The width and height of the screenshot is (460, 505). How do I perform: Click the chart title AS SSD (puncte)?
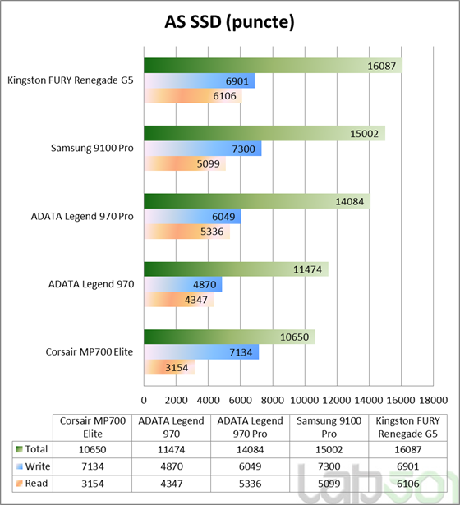pyautogui.click(x=229, y=22)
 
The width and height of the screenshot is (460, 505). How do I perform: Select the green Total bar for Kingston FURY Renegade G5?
pyautogui.click(x=274, y=66)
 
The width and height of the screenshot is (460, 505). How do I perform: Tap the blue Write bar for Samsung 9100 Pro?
pyautogui.click(x=203, y=149)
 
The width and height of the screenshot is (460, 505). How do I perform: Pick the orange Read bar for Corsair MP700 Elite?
pyautogui.click(x=169, y=367)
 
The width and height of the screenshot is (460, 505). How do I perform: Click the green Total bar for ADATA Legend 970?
pyautogui.click(x=236, y=269)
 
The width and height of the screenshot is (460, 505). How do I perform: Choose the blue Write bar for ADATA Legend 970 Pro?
pyautogui.click(x=192, y=217)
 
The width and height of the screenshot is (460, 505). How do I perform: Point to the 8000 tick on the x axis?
pyautogui.click(x=272, y=400)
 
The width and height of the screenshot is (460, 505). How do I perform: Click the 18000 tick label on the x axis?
pyautogui.click(x=433, y=400)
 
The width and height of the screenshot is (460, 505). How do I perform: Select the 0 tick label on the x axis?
pyautogui.click(x=144, y=400)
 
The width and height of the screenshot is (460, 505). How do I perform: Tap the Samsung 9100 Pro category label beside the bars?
pyautogui.click(x=92, y=148)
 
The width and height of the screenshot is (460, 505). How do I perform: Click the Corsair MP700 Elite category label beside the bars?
pyautogui.click(x=90, y=351)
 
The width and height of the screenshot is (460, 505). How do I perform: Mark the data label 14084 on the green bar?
pyautogui.click(x=349, y=202)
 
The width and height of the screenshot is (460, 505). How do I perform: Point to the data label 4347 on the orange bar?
pyautogui.click(x=195, y=300)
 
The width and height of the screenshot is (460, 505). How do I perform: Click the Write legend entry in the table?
pyautogui.click(x=33, y=466)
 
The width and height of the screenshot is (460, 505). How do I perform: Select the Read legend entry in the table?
pyautogui.click(x=32, y=484)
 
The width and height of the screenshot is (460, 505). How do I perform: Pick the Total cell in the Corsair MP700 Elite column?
pyautogui.click(x=93, y=450)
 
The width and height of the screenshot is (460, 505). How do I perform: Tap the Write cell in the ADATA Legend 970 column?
pyautogui.click(x=172, y=466)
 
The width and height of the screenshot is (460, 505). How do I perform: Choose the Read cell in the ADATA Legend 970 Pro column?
pyautogui.click(x=251, y=484)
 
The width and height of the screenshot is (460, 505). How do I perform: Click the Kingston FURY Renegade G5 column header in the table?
pyautogui.click(x=407, y=427)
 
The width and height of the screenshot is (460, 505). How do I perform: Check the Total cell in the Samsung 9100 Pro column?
pyautogui.click(x=329, y=450)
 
